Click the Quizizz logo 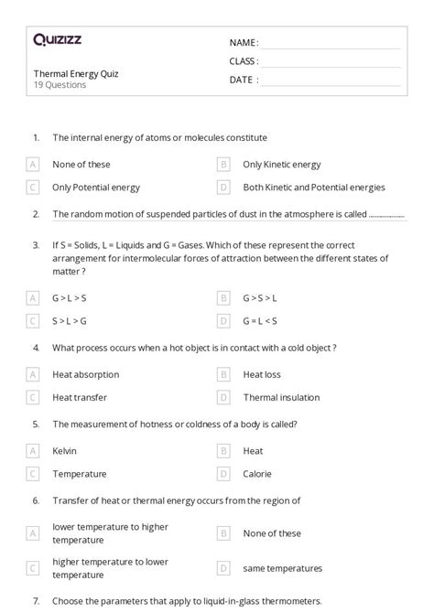tap(56, 39)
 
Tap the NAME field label tap(244, 42)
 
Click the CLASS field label tap(244, 61)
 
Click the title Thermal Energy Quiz tap(76, 73)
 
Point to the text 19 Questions tap(60, 85)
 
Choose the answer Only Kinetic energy tap(282, 165)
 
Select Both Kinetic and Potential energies tap(314, 188)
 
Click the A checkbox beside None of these tap(33, 165)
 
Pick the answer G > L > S tap(71, 298)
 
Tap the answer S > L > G tap(71, 321)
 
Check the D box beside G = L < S tap(222, 321)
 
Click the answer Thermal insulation tap(281, 397)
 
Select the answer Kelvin tap(65, 451)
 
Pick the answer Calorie tap(257, 474)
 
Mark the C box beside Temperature tap(33, 474)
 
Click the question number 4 tap(36, 348)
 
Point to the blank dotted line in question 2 tap(387, 216)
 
